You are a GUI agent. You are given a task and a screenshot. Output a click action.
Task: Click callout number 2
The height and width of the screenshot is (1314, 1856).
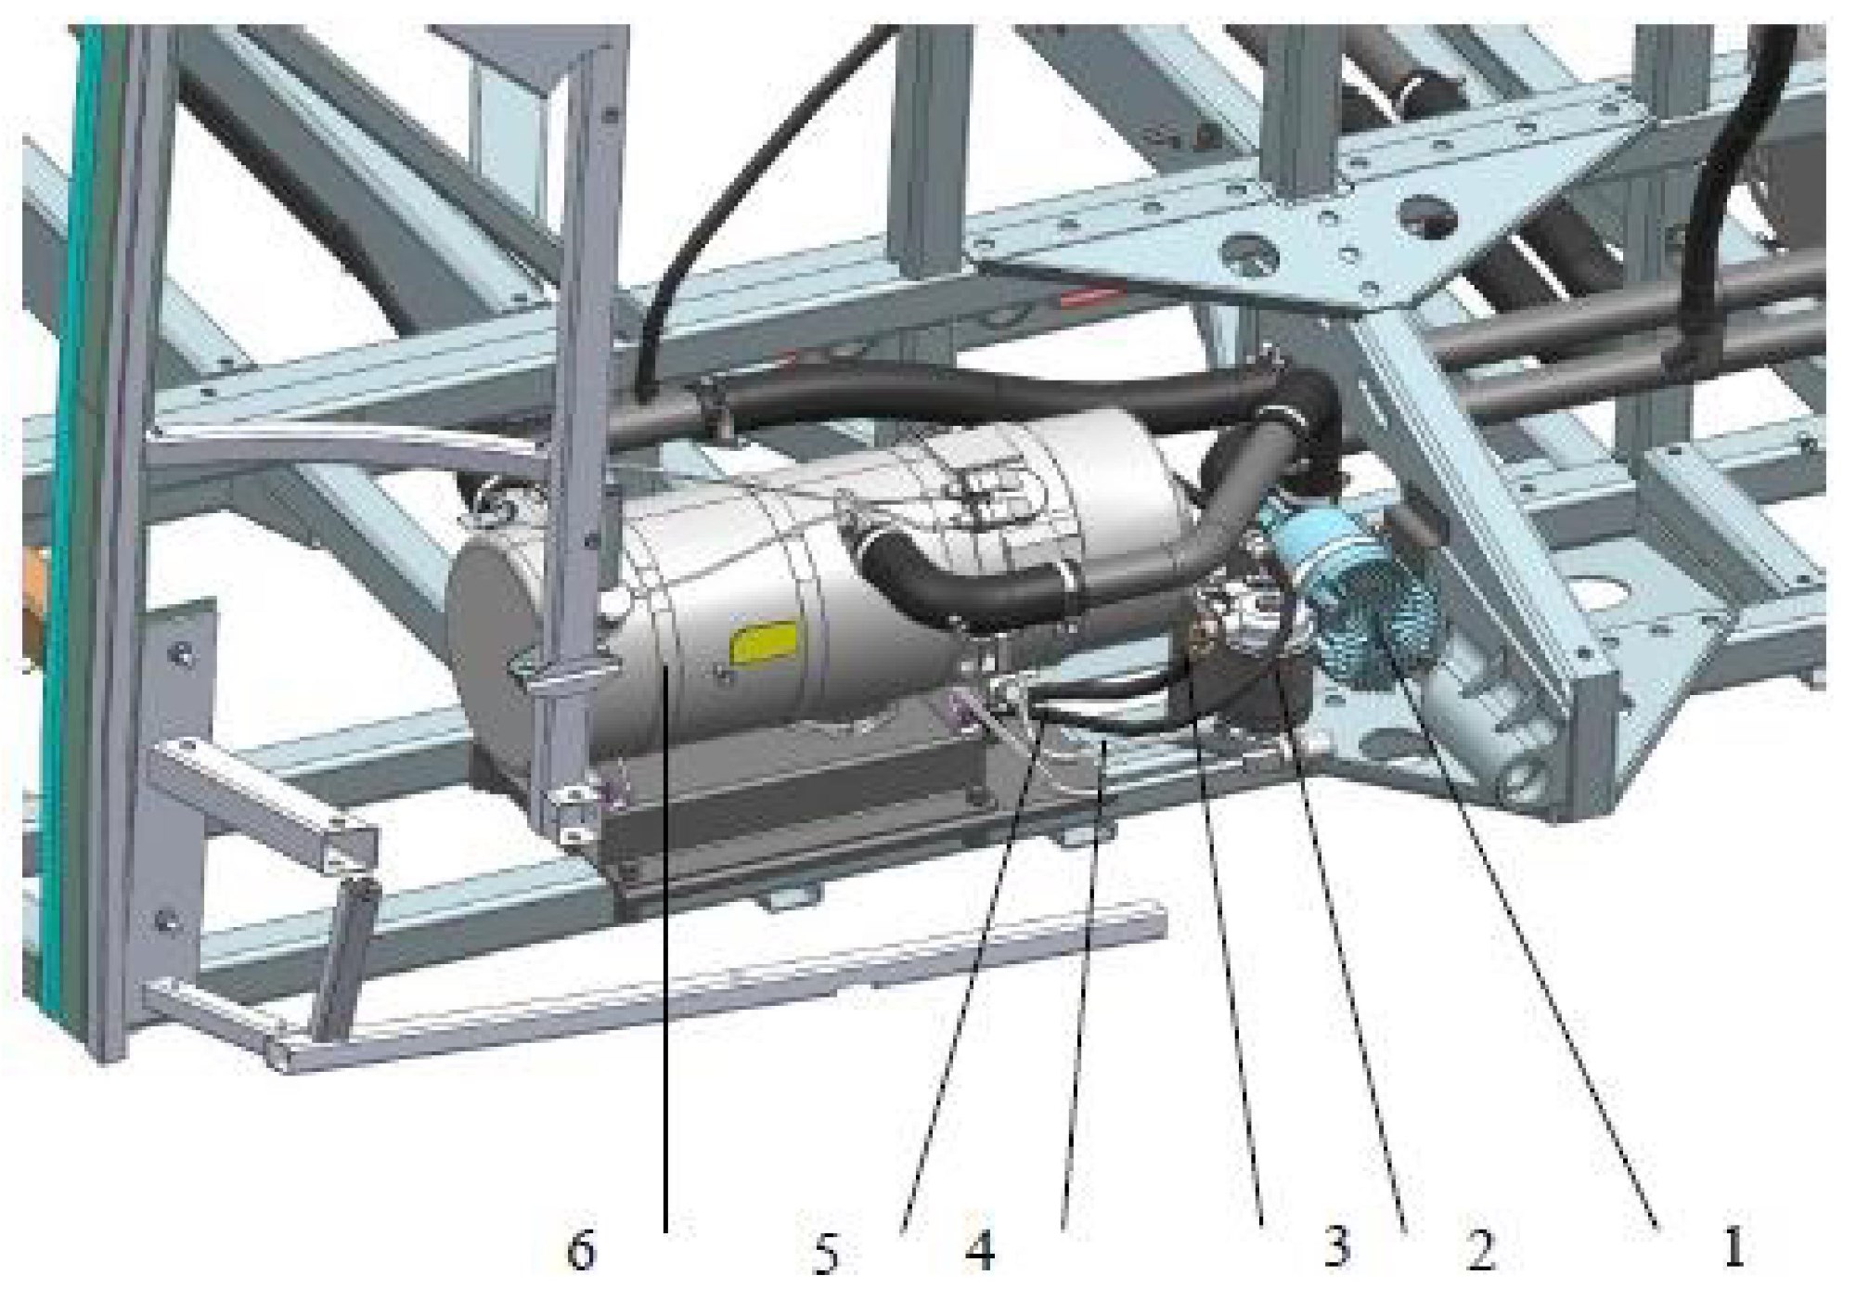tap(1480, 1249)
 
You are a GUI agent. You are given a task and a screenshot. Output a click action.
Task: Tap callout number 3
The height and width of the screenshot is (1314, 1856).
tap(1336, 1246)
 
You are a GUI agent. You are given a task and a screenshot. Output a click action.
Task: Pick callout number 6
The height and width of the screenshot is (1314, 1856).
tap(582, 1250)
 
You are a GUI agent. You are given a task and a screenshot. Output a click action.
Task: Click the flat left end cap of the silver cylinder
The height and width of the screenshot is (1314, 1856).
tap(492, 640)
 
